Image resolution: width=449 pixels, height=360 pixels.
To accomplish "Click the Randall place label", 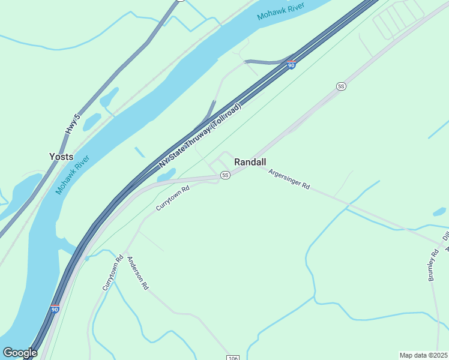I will [x=250, y=162].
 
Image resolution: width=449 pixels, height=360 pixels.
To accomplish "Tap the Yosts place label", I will [x=61, y=157].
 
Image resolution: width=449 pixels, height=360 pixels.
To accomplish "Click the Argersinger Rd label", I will [x=289, y=179].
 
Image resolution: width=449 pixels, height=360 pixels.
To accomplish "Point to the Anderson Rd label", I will [x=137, y=274].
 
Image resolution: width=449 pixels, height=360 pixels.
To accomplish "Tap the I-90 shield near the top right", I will [x=291, y=65].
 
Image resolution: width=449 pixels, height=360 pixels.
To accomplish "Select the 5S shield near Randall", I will [x=225, y=175].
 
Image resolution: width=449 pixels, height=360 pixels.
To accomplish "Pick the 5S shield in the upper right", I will [x=342, y=86].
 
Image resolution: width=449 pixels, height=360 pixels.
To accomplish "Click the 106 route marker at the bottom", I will [x=234, y=358].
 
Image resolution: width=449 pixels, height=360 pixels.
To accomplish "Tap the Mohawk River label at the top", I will [x=280, y=10].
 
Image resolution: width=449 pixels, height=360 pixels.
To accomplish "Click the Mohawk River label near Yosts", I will [x=73, y=175].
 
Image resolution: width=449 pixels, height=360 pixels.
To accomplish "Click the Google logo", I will [x=20, y=353].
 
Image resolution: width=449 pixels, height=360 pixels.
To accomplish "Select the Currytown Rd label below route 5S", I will [x=173, y=197].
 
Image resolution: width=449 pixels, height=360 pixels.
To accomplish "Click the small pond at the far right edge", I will [x=439, y=212].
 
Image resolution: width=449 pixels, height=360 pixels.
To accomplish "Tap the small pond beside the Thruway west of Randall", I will [x=166, y=175].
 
